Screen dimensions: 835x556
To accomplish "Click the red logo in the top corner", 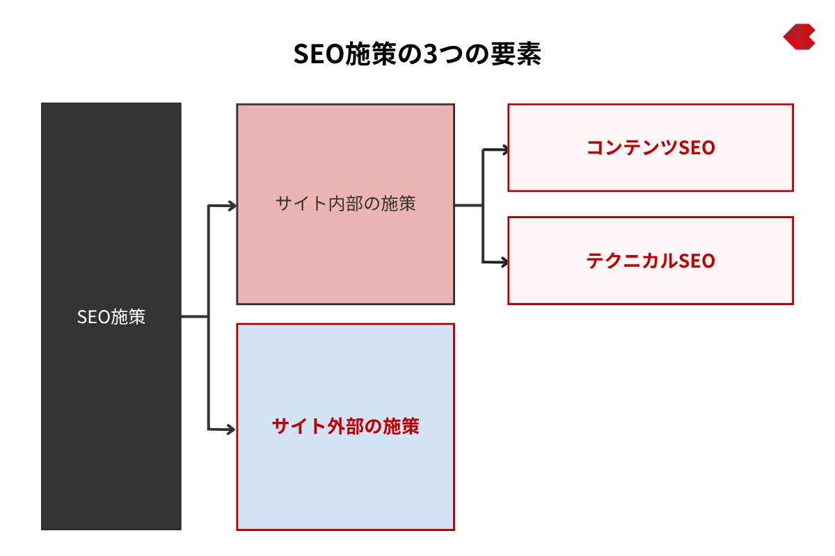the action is [799, 37].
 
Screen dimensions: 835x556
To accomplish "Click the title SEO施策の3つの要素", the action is [417, 54].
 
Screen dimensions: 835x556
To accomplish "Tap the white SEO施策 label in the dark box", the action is [111, 317].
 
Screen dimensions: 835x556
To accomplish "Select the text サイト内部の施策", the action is [346, 204].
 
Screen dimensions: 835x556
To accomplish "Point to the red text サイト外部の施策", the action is [346, 426].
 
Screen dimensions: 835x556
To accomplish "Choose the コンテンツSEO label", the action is [651, 147].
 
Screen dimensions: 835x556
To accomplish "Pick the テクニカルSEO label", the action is [651, 261].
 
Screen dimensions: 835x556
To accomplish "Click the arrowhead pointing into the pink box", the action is [232, 206].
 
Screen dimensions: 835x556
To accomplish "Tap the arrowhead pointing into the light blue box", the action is [231, 430].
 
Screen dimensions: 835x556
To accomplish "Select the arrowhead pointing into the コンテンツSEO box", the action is [504, 149].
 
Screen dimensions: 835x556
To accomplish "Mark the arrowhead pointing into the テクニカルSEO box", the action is [504, 262].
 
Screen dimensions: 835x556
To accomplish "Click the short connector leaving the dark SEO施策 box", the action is [195, 317].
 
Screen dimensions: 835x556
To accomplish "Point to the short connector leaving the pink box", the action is [468, 205].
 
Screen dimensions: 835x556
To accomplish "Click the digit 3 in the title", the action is [431, 54].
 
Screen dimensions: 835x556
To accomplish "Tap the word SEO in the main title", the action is [319, 54].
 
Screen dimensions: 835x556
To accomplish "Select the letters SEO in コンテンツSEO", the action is [697, 148].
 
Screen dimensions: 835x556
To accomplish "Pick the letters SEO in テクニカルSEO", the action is [697, 261].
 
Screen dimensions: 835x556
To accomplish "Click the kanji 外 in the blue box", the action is [336, 426].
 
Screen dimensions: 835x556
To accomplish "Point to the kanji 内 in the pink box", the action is [336, 204].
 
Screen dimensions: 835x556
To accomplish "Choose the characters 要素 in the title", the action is [516, 54].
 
